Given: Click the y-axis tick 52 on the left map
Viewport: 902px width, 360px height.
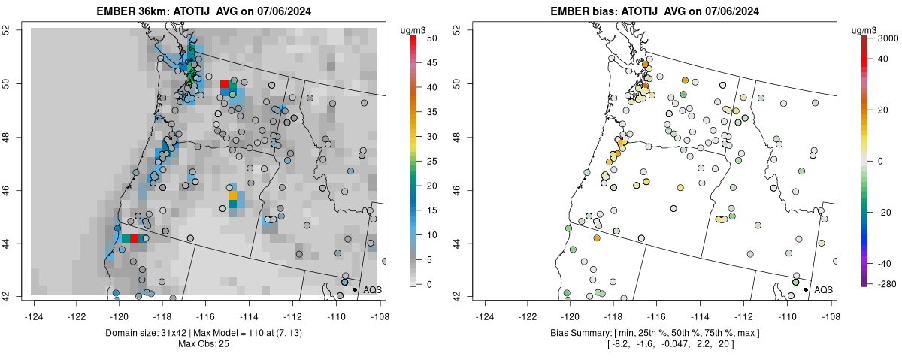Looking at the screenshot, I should click(x=15, y=30).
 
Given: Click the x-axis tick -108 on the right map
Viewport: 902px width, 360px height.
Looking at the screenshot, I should click(x=831, y=307).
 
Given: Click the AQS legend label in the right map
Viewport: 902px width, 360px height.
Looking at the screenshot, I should click(x=823, y=289).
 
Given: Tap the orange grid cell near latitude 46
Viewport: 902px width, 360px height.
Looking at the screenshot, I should click(x=232, y=195).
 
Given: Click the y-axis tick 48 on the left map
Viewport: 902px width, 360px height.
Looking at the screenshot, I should click(x=15, y=137).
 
